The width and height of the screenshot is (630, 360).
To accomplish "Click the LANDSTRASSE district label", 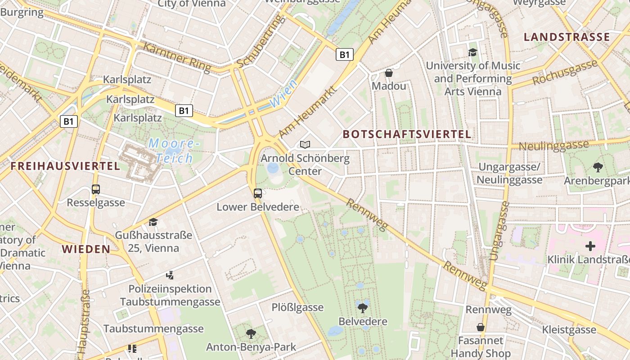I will pos(567,37).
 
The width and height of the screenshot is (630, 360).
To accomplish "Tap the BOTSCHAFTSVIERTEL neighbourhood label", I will pos(407,134).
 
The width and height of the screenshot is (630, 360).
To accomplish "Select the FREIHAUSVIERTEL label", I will pos(65,166).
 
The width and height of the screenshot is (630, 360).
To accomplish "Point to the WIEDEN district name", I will pos(86,249).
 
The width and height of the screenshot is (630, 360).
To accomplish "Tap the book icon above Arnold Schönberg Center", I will pos(305,144).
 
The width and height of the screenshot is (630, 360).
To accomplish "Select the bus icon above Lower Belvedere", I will pos(258,193).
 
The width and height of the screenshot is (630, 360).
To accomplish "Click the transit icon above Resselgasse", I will pos(96,189).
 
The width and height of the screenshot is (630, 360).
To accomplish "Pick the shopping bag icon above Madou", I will pos(389,72).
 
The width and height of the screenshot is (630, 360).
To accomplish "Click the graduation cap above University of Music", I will pos(472,52).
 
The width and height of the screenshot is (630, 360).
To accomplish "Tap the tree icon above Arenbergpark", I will pos(598,167).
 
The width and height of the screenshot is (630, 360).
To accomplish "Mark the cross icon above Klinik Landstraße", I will pos(590,246).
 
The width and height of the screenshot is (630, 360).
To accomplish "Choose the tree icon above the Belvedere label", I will pos(363,308).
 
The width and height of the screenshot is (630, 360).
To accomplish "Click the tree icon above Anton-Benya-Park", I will pos(251,334).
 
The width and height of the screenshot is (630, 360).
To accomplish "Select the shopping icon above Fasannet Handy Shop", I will pos(481,327).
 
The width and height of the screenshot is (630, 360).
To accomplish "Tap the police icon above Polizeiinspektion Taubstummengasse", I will pos(170,275).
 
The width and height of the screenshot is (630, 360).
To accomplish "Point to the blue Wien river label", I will pos(283,94).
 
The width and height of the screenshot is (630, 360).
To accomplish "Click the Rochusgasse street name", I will pos(565,73).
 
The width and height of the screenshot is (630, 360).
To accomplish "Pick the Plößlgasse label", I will pos(297,307).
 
